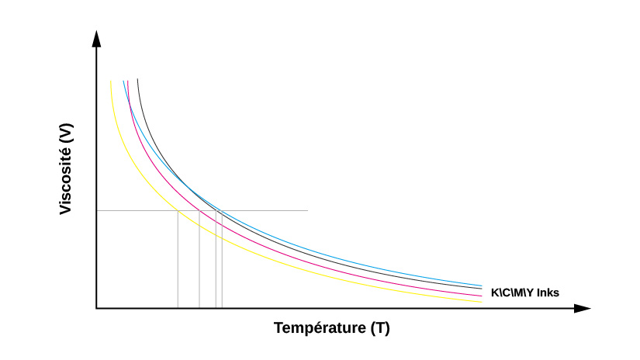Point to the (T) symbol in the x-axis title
tap(379, 328)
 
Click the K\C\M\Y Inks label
tap(524, 292)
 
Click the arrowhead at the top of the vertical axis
tap(96, 39)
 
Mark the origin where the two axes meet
tap(96, 308)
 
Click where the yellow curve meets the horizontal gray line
tap(178, 210)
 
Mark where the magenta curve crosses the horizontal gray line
tap(199, 210)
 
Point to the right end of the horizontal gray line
tap(307, 210)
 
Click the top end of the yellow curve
tap(111, 81)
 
